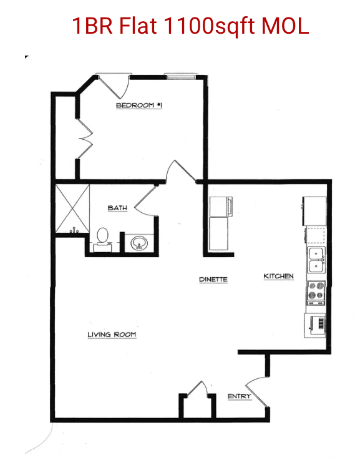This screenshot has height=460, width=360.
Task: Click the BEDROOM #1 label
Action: pyautogui.click(x=139, y=105)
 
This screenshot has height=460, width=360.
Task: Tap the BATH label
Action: pyautogui.click(x=117, y=208)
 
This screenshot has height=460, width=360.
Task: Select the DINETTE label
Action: pyautogui.click(x=213, y=279)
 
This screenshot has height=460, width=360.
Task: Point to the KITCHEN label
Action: pyautogui.click(x=278, y=276)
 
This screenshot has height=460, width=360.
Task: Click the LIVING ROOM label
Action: pyautogui.click(x=112, y=335)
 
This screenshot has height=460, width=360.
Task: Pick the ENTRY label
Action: pyautogui.click(x=240, y=396)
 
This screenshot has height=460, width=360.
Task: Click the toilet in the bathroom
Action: pyautogui.click(x=102, y=240)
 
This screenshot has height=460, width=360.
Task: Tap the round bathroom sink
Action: pyautogui.click(x=139, y=243)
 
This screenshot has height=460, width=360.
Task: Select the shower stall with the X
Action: pyautogui.click(x=72, y=208)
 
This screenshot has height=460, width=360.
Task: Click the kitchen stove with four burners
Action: pyautogui.click(x=316, y=293)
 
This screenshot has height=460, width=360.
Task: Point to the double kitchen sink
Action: pyautogui.click(x=316, y=260)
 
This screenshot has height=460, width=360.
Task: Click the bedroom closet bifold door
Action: pyautogui.click(x=85, y=139)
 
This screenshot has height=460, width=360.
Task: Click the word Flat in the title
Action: pyautogui.click(x=137, y=26)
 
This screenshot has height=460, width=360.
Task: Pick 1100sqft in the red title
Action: pyautogui.click(x=209, y=26)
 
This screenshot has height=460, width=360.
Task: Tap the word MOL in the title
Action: pyautogui.click(x=285, y=26)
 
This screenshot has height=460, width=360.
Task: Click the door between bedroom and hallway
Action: pyautogui.click(x=180, y=172)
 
